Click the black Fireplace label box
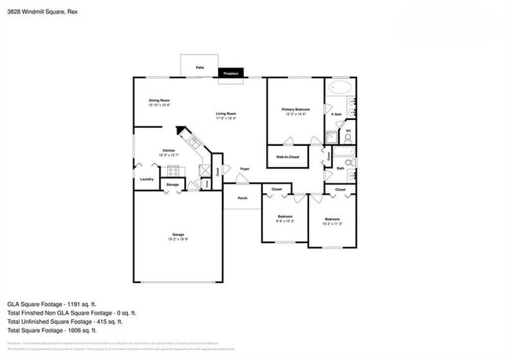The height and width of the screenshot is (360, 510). pos(231,73)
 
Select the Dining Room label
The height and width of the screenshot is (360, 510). pos(159,100)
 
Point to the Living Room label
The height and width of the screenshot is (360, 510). pos(226,114)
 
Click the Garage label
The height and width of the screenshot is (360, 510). pos(178,235)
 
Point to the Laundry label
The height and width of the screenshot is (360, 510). pos(146,180)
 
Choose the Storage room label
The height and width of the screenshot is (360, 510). pos(172,184)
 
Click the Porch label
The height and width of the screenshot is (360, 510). pos(242,198)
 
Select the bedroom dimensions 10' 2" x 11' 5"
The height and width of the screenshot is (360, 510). pos(333,224)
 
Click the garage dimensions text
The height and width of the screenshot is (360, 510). pos(178,239)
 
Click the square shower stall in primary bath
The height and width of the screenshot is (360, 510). pos(333,137)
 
